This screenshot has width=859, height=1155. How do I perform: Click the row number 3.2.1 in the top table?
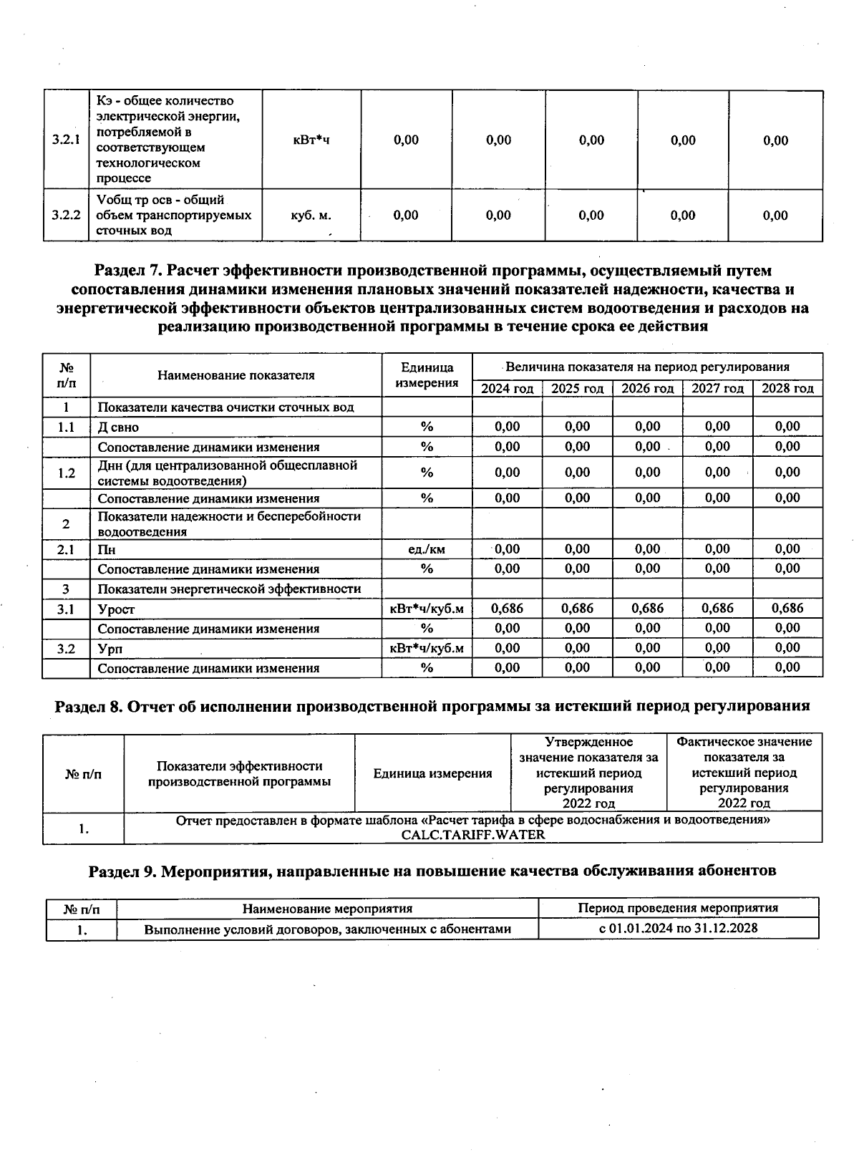coord(65,140)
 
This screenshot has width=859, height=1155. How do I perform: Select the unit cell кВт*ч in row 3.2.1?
coord(311,140)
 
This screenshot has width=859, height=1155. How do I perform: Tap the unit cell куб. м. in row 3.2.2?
coord(311,215)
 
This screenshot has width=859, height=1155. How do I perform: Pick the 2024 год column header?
coord(507,389)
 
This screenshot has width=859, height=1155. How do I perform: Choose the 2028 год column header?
coord(787,389)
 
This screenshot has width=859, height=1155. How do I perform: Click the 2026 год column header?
coord(647,389)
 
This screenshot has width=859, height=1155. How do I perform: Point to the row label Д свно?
coord(118,427)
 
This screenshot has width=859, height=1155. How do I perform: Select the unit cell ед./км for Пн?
coord(427,550)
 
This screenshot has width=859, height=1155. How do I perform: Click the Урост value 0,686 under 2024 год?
coord(507,609)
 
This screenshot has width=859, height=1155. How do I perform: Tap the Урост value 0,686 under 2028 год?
coord(787,609)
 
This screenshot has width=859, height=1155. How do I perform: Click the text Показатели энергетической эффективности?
coord(229,589)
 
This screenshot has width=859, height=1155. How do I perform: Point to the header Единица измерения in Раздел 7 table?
coord(427,375)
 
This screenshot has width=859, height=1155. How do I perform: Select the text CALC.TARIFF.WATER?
coord(472,835)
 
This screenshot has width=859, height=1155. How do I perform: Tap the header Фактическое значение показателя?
coord(744,757)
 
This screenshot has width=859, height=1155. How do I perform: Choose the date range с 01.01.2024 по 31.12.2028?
coord(678,929)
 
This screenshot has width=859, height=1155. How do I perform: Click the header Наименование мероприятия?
coord(327,909)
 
